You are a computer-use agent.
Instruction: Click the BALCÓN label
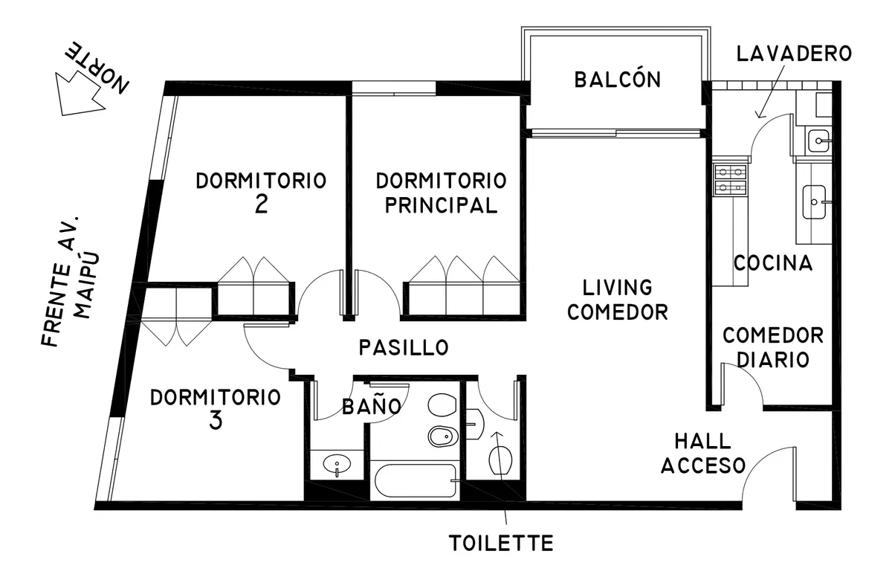click(x=618, y=79)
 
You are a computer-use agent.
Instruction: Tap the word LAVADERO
click(x=794, y=54)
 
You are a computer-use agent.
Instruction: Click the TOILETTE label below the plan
click(x=501, y=543)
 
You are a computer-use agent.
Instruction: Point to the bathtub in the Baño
click(x=416, y=480)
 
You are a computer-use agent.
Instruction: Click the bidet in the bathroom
click(x=442, y=436)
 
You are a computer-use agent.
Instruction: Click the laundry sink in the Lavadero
click(x=818, y=141)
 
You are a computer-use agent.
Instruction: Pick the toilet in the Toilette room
click(x=500, y=460)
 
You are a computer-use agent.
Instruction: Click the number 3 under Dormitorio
click(x=216, y=421)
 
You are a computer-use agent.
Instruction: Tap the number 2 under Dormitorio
click(x=261, y=204)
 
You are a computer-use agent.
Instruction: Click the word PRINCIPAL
click(x=442, y=205)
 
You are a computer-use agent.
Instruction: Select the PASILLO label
click(x=404, y=347)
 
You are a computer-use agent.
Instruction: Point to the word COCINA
click(x=773, y=263)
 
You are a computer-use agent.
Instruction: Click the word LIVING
click(x=617, y=287)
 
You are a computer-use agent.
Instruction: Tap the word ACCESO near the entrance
click(x=703, y=465)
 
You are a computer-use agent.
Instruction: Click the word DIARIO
click(x=773, y=360)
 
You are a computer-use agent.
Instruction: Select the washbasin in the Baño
click(x=337, y=465)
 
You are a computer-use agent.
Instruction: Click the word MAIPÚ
click(x=88, y=286)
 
